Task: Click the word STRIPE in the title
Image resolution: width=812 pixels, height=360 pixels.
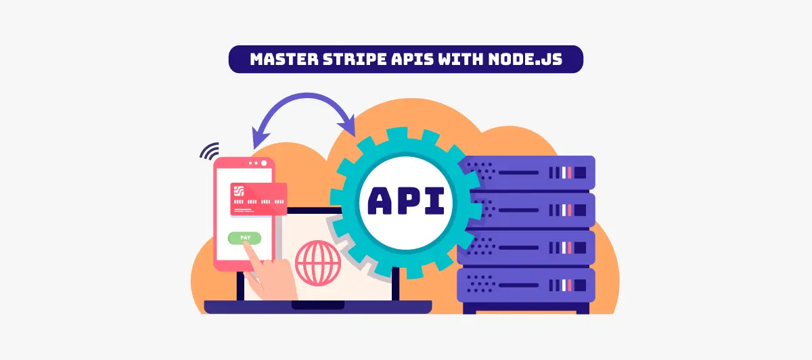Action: pyautogui.click(x=355, y=59)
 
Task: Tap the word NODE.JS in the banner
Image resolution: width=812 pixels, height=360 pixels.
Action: pyautogui.click(x=525, y=59)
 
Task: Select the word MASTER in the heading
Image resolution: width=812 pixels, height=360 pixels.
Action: pyautogui.click(x=284, y=59)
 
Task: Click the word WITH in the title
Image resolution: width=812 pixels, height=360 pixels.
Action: pyautogui.click(x=460, y=59)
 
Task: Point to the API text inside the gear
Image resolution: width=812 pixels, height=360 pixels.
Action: pyautogui.click(x=406, y=201)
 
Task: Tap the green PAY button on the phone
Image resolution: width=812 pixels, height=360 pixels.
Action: pyautogui.click(x=245, y=238)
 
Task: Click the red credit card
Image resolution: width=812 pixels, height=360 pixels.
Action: pyautogui.click(x=258, y=199)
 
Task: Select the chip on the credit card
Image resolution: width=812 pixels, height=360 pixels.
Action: pyautogui.click(x=238, y=191)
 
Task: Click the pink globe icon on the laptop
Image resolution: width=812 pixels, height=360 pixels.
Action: pyautogui.click(x=318, y=263)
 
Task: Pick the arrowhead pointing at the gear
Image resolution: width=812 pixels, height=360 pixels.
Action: pyautogui.click(x=347, y=126)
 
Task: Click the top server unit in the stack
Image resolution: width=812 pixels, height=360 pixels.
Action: pyautogui.click(x=526, y=173)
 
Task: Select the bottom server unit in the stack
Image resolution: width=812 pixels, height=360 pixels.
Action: pyautogui.click(x=526, y=286)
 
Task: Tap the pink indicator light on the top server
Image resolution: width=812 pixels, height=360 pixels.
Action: pyautogui.click(x=570, y=173)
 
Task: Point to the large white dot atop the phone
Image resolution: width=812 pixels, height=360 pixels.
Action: pyautogui.click(x=264, y=163)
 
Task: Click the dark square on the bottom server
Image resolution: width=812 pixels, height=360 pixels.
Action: pyautogui.click(x=580, y=286)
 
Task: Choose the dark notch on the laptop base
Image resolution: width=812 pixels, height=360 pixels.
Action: pyautogui.click(x=318, y=305)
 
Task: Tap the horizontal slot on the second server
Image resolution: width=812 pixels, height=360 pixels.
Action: pyautogui.click(x=519, y=210)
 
